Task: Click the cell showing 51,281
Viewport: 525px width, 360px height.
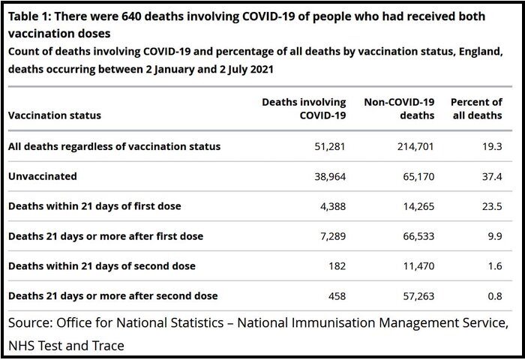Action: (330, 147)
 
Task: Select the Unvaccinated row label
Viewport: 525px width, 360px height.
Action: (43, 176)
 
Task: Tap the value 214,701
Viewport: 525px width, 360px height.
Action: (415, 147)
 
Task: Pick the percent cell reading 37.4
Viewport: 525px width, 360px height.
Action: (492, 176)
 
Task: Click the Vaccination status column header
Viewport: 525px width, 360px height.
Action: (55, 115)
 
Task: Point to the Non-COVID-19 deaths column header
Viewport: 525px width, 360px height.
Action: (399, 109)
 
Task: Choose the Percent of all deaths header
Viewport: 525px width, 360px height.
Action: (476, 109)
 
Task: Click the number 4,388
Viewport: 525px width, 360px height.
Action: (333, 206)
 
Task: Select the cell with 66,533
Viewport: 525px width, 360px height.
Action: (418, 236)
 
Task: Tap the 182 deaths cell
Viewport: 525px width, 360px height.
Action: (337, 266)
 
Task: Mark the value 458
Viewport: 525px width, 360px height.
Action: (337, 296)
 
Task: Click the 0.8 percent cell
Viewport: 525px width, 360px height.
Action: (495, 296)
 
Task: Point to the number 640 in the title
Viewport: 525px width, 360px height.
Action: (131, 16)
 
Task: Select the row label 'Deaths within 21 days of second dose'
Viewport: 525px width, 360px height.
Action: (102, 266)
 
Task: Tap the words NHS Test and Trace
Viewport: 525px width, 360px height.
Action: (66, 345)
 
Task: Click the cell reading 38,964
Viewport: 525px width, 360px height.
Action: (330, 176)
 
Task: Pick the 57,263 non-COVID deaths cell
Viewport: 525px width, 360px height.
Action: (418, 296)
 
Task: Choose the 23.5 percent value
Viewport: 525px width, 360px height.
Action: (492, 206)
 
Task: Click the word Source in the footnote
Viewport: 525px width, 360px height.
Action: (31, 322)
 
